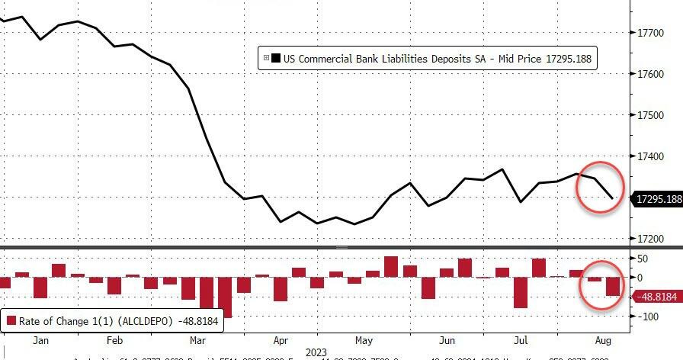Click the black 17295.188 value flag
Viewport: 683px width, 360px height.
657,199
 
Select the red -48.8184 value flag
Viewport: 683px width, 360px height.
657,297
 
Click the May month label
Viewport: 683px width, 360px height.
364,340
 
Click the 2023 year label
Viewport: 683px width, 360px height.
314,352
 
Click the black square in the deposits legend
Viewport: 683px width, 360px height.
276,58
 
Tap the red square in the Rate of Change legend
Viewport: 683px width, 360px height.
11,321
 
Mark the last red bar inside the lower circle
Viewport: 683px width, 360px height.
613,286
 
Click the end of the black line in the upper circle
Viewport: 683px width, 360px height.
613,198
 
